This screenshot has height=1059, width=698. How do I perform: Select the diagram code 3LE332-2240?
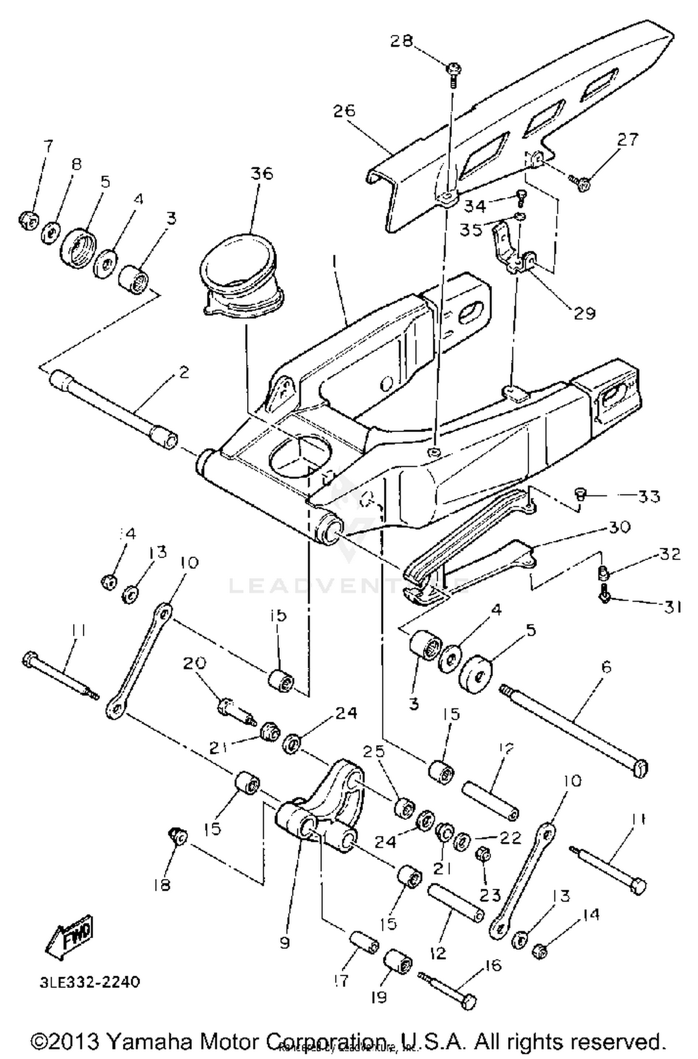pos(89,982)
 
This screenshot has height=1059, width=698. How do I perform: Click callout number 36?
pos(262,174)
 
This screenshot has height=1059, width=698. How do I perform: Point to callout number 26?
pos(344,111)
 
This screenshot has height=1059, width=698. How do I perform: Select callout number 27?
pos(628,139)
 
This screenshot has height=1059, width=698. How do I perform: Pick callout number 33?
pos(649,497)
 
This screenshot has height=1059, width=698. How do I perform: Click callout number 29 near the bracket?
pos(584,313)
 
